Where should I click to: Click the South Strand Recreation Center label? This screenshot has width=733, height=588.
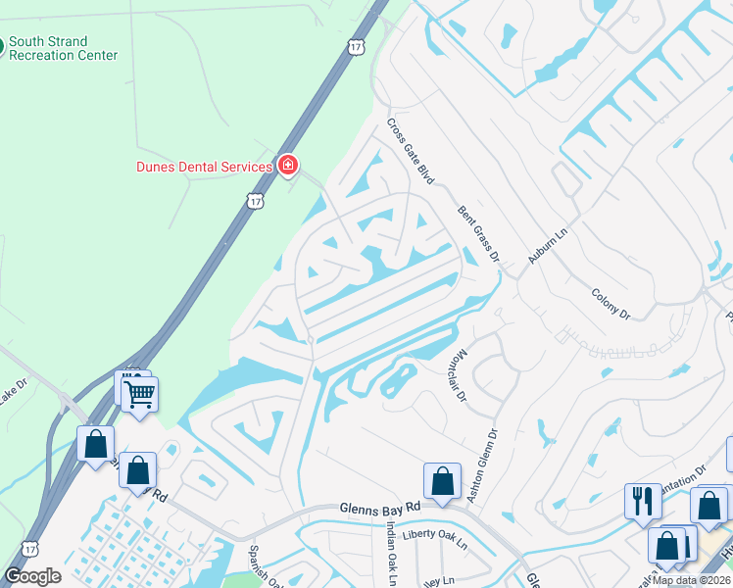point(63,49)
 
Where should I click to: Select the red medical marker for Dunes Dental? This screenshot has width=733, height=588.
point(288,165)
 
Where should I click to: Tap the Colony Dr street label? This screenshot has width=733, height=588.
point(611,302)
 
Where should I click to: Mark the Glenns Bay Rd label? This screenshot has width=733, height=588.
point(379,509)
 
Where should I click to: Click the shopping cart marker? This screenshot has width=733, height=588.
point(140,395)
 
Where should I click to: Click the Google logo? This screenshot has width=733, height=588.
point(32,576)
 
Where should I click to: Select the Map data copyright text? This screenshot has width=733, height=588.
point(692,580)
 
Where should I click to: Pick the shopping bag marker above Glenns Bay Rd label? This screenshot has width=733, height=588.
point(442,481)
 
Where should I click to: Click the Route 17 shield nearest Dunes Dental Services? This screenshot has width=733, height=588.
point(255,201)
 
